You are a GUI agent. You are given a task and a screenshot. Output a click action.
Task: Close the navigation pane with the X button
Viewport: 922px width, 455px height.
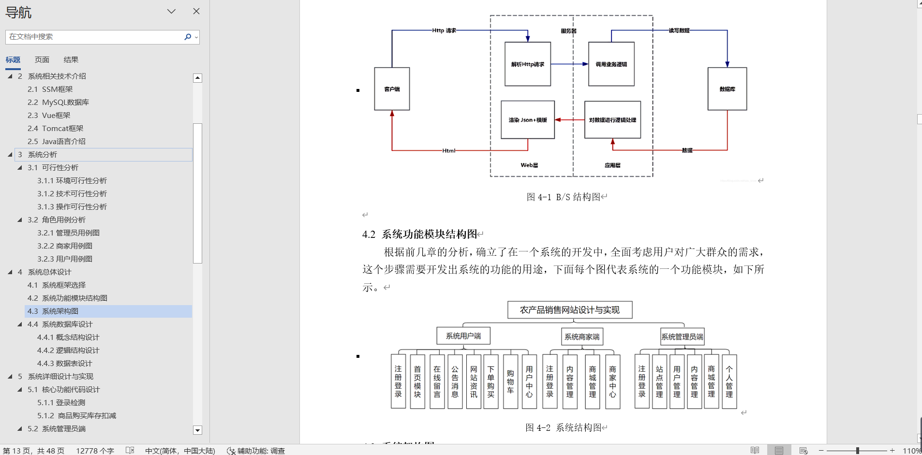tap(196, 11)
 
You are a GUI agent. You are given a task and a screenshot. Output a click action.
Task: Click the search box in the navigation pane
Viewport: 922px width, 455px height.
tap(94, 37)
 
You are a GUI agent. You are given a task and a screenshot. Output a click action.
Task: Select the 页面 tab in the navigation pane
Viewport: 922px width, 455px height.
tap(42, 59)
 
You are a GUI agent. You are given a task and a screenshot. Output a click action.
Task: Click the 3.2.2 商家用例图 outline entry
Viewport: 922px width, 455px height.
tap(65, 246)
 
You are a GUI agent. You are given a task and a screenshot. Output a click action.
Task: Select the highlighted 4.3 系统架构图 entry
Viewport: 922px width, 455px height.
tap(60, 311)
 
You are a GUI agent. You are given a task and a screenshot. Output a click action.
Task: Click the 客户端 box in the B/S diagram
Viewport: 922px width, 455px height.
tap(392, 89)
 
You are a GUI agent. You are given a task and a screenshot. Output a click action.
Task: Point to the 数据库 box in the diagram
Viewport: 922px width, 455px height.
tap(727, 89)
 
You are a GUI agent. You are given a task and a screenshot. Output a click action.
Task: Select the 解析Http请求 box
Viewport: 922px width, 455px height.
tap(527, 64)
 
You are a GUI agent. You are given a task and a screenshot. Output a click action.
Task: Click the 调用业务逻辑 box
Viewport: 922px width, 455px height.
tap(611, 64)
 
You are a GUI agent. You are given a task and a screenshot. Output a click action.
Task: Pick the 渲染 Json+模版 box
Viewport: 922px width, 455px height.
tap(527, 119)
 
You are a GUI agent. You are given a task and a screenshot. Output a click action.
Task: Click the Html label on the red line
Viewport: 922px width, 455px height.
tap(448, 150)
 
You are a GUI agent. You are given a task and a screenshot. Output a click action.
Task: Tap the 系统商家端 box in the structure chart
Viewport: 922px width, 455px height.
tap(582, 337)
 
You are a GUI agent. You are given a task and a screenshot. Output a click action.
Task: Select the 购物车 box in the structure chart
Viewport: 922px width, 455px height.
tap(510, 382)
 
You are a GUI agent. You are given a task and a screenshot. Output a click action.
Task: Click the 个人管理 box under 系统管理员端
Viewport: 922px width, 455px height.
tap(729, 382)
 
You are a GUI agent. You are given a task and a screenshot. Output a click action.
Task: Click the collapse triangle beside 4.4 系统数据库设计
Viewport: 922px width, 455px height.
tap(20, 324)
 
